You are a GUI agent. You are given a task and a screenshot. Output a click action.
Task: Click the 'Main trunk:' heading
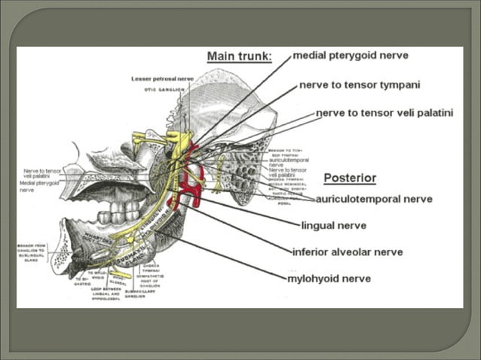click(x=239, y=57)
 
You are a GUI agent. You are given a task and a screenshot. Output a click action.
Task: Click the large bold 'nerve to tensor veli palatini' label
click(x=384, y=113)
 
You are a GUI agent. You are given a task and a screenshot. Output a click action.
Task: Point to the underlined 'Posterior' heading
click(x=350, y=178)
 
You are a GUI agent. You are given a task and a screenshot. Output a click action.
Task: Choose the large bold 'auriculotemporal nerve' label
click(x=374, y=200)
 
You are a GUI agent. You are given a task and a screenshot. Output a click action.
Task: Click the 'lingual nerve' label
click(x=334, y=224)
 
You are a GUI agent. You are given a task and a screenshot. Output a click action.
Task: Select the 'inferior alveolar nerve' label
click(x=348, y=252)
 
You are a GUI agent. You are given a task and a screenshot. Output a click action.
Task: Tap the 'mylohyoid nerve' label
click(x=329, y=278)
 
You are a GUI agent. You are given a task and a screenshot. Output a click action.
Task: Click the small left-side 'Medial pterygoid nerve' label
click(x=37, y=185)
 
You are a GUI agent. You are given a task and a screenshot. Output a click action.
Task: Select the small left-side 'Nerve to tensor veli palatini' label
click(x=41, y=174)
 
